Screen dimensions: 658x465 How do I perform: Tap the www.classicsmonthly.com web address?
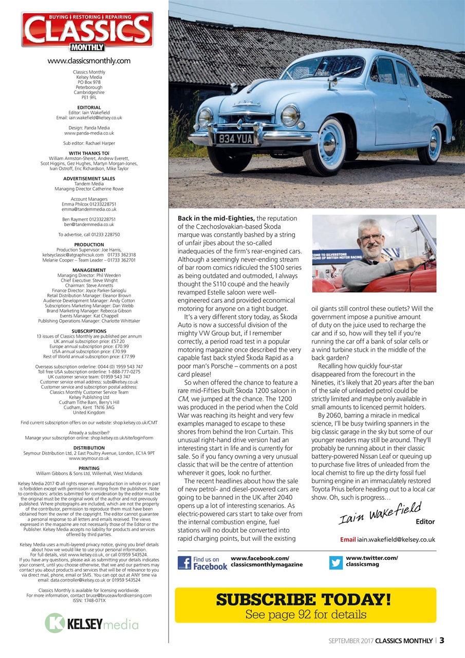88,61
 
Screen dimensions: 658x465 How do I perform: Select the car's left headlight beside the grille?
289,116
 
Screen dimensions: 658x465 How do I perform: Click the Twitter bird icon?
336,562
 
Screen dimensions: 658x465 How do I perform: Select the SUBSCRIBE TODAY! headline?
305,599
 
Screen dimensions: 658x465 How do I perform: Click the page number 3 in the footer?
441,641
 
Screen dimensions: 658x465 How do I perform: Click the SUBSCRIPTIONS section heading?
89,331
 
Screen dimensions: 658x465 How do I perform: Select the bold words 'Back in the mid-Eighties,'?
212,218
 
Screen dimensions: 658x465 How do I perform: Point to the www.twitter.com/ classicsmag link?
371,561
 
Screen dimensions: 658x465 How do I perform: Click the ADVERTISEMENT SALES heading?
89,179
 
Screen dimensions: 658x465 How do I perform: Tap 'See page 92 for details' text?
305,614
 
